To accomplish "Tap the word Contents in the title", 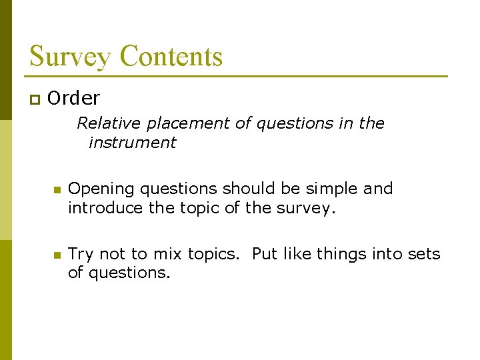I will (x=171, y=56).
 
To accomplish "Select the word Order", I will (x=74, y=99).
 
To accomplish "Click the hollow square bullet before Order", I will (x=34, y=100).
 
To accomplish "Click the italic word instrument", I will (x=132, y=142).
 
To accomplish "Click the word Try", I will (x=81, y=255).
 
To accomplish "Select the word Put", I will (x=264, y=254).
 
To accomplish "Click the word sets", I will (x=426, y=254).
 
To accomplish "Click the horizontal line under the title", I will (x=238, y=76).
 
